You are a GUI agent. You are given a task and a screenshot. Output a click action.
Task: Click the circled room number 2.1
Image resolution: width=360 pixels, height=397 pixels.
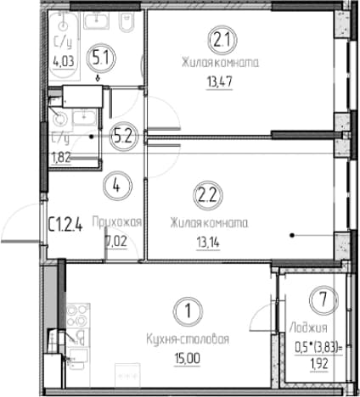click(x=222, y=41)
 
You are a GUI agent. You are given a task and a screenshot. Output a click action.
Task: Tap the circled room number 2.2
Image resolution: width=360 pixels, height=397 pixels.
click(x=207, y=195)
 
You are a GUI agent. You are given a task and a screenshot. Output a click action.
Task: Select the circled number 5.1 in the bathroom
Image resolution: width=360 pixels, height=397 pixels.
click(x=100, y=59)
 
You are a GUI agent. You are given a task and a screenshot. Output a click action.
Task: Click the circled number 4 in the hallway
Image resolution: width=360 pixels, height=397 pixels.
click(x=117, y=186)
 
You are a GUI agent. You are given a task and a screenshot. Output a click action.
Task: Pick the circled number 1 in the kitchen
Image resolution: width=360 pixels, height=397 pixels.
click(x=188, y=310)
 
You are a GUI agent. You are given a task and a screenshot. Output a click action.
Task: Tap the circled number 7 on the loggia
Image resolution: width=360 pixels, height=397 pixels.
click(x=323, y=299)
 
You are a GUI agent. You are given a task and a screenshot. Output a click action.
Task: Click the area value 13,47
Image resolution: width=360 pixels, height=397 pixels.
click(x=220, y=82)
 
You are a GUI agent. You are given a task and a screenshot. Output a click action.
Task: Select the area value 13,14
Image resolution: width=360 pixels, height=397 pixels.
click(x=208, y=243)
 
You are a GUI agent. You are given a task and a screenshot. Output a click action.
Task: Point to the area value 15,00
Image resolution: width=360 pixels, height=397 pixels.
click(x=187, y=359)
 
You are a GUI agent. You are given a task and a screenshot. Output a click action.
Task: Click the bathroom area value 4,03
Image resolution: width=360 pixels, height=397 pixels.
click(x=64, y=61)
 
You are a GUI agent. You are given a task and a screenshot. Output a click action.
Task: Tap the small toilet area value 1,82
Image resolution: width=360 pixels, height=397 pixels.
click(x=60, y=157)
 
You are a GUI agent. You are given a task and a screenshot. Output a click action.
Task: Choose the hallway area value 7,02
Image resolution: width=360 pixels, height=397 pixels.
click(x=116, y=242)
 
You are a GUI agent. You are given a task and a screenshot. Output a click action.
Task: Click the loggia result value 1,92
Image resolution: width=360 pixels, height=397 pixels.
click(x=319, y=364)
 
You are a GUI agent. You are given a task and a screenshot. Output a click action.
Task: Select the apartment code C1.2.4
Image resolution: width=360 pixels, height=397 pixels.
click(x=65, y=226)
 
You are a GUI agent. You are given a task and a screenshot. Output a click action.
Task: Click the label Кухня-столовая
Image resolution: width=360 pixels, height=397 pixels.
click(x=188, y=338)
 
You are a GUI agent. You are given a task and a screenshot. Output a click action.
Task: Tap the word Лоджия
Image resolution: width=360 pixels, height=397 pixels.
click(x=308, y=328)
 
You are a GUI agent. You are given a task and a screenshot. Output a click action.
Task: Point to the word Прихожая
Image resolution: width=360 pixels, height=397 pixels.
click(x=117, y=222)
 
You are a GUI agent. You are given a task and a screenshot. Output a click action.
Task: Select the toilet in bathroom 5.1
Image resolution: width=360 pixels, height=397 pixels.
click(x=127, y=23)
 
